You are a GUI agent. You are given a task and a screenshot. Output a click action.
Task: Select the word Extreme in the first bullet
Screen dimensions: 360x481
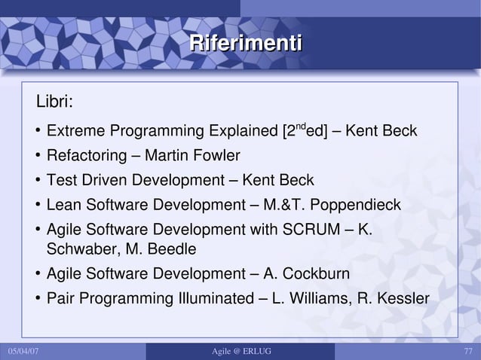click(75, 133)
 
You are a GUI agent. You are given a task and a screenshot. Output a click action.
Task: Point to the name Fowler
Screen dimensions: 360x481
click(217, 157)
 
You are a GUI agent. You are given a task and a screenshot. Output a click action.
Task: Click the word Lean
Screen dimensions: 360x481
click(63, 206)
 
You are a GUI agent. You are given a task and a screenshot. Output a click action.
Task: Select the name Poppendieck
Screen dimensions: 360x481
click(355, 206)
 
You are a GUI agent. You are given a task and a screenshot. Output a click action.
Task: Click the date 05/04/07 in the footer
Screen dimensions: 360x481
click(23, 352)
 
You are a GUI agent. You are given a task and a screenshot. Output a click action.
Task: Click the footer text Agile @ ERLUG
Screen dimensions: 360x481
click(239, 352)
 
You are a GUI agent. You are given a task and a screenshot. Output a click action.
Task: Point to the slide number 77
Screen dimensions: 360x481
click(468, 352)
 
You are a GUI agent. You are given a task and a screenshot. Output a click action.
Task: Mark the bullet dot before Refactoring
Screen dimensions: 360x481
click(36, 157)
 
